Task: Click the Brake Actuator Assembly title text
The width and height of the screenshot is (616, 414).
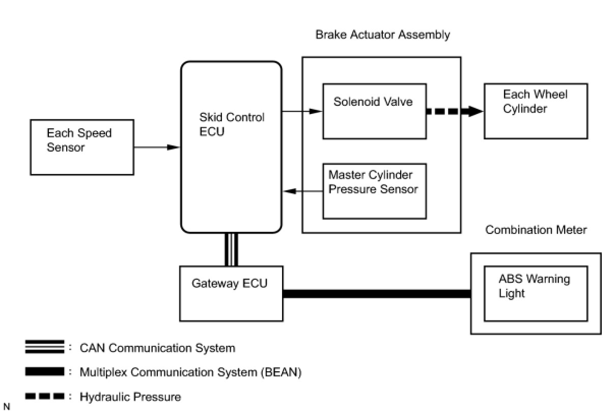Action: pyautogui.click(x=382, y=35)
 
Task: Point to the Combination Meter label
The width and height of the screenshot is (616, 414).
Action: pyautogui.click(x=536, y=230)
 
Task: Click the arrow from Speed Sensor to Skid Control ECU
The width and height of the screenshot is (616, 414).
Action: pyautogui.click(x=157, y=147)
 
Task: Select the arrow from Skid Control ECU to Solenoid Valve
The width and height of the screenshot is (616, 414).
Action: pyautogui.click(x=302, y=111)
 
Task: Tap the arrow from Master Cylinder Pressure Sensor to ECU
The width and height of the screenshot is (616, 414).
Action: pyautogui.click(x=303, y=191)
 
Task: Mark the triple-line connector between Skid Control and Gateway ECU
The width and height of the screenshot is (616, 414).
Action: pyautogui.click(x=231, y=249)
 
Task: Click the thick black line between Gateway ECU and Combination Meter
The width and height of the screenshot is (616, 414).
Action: pyautogui.click(x=377, y=293)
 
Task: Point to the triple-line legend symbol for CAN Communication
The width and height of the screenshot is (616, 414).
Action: pyautogui.click(x=45, y=347)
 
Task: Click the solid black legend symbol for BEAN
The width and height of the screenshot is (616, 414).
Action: pyautogui.click(x=45, y=371)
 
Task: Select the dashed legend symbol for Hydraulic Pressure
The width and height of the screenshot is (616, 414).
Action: pyautogui.click(x=45, y=396)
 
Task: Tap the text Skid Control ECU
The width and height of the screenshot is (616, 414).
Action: pyautogui.click(x=232, y=125)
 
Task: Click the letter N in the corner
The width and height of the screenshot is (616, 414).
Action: pyautogui.click(x=7, y=406)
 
